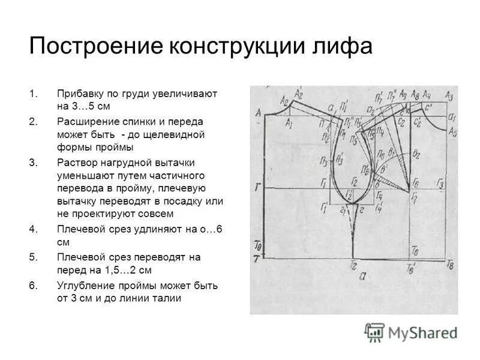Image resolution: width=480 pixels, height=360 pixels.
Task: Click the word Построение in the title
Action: [x=88, y=46]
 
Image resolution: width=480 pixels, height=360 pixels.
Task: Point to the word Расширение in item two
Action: [x=86, y=121]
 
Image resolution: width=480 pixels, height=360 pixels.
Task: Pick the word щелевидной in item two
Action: [x=175, y=134]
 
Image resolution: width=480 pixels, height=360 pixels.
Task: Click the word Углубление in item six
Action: [x=85, y=286]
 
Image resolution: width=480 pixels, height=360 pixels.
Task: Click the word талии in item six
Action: [x=167, y=298]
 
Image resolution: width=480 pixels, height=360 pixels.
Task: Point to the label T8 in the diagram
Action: [x=451, y=265]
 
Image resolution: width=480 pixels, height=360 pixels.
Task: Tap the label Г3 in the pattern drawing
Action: [x=441, y=183]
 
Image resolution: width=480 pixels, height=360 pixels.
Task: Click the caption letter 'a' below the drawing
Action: [x=361, y=277]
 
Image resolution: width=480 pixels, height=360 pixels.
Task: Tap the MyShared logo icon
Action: [x=375, y=332]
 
